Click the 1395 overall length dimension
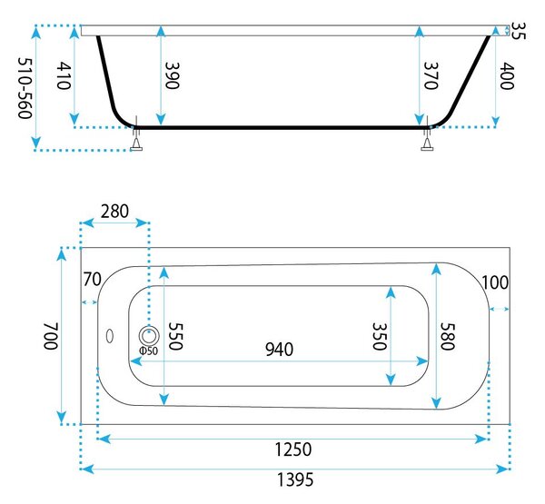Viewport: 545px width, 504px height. (295, 480)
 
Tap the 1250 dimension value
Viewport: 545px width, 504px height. (293, 450)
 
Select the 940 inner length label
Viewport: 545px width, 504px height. (279, 350)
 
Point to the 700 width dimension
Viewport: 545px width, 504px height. (50, 336)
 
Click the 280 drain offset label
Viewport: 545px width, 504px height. (114, 212)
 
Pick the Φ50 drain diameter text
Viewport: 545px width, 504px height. (148, 351)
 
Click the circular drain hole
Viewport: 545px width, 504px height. (149, 336)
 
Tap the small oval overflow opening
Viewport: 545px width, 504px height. (110, 336)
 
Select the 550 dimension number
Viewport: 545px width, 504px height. (175, 336)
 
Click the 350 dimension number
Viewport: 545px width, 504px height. (379, 336)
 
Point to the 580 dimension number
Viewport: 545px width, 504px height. (447, 336)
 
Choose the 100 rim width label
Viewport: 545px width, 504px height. (495, 282)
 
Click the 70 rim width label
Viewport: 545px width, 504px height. (92, 279)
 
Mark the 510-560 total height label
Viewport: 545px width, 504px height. (25, 88)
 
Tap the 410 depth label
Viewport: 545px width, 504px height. (64, 75)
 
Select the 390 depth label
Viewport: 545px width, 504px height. (172, 75)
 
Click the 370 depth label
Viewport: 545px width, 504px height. (431, 75)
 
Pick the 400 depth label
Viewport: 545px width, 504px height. (507, 75)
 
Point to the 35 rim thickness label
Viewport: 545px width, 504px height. (519, 31)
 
